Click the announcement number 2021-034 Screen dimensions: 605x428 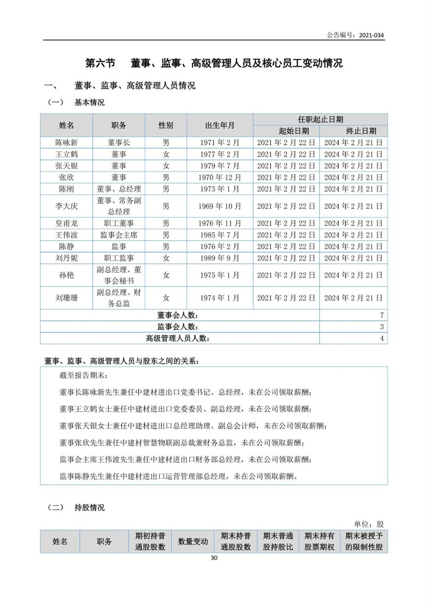(371, 35)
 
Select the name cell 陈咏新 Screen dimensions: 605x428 (66, 143)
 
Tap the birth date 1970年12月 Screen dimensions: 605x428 (220, 177)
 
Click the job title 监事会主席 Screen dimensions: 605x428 (119, 235)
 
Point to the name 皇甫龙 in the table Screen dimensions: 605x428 (66, 223)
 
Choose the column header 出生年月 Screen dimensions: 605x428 (220, 125)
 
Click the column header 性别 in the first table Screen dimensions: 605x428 (166, 125)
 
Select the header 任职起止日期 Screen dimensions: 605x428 (320, 119)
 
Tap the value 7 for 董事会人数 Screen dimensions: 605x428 (382, 315)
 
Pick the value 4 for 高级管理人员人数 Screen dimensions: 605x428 (382, 338)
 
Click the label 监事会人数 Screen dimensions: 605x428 (178, 327)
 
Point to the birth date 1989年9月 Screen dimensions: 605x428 (220, 258)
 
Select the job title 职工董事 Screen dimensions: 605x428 (119, 223)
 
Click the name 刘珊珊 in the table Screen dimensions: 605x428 (66, 298)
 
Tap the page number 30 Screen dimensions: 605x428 (214, 558)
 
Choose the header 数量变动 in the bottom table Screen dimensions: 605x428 (193, 542)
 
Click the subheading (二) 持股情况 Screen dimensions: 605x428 (76, 507)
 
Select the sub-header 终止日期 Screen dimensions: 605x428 (361, 131)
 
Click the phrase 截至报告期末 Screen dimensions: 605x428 (83, 375)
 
